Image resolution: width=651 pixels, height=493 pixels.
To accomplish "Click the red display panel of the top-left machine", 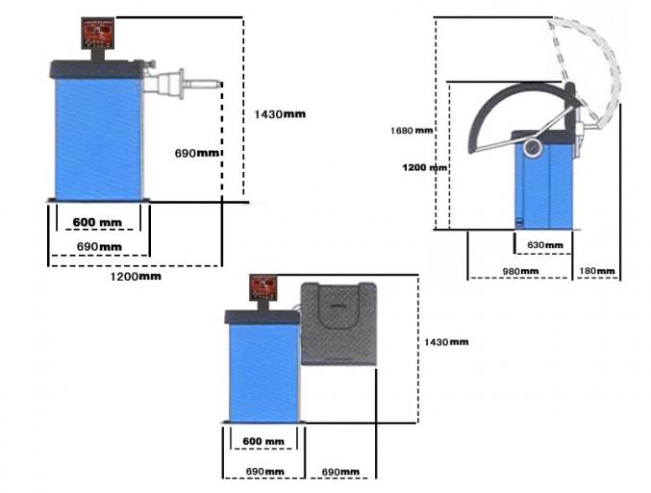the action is [97, 33].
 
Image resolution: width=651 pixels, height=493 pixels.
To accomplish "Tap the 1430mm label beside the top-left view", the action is [280, 114].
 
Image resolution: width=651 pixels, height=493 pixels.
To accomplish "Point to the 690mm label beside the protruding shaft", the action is [197, 153].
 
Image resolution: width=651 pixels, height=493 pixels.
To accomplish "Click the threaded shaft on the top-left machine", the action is [203, 84].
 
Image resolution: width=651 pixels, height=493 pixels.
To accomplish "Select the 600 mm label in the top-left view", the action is [97, 222].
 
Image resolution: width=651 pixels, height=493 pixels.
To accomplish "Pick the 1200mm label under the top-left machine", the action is [136, 277].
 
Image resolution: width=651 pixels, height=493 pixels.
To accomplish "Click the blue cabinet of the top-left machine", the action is [99, 139].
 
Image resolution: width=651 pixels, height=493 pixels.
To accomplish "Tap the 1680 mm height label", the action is [412, 131].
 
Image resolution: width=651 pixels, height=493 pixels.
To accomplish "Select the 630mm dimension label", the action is [545, 245].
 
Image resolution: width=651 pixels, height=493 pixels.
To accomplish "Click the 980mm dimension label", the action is [520, 271].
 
